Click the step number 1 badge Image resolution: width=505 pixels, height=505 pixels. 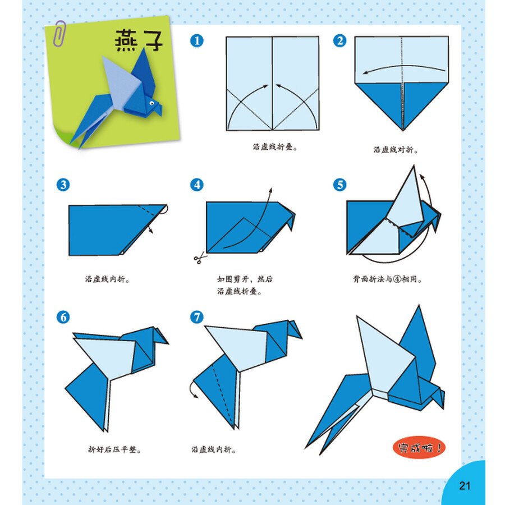[197, 41]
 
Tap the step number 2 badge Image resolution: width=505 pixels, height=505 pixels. [340, 41]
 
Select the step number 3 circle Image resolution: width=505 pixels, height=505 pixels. [63, 185]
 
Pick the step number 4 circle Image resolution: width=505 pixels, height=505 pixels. [197, 185]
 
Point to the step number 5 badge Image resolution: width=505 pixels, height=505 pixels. [340, 185]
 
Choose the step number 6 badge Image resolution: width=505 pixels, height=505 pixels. [63, 317]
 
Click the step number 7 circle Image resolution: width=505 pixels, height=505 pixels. [197, 317]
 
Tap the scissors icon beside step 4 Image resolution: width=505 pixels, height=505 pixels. [200, 258]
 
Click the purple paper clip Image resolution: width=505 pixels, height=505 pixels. [59, 34]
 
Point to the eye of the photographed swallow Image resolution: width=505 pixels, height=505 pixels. [151, 103]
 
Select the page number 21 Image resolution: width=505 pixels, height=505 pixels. [465, 486]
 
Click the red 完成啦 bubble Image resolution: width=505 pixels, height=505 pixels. [419, 447]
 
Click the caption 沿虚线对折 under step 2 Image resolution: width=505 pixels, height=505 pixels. [396, 150]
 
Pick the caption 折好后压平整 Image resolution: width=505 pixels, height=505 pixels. [114, 449]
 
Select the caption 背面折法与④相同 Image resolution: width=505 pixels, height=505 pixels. [387, 279]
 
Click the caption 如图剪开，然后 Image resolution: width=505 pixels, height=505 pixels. [245, 279]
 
